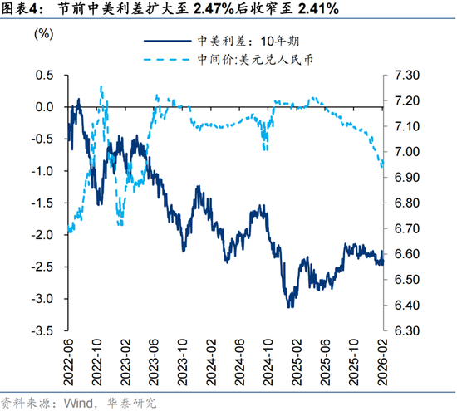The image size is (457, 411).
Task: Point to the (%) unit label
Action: pos(43,36)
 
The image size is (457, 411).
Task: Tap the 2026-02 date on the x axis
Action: pos(382,358)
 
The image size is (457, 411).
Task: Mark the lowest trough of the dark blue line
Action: pos(289,307)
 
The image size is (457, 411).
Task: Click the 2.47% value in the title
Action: pos(215,10)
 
